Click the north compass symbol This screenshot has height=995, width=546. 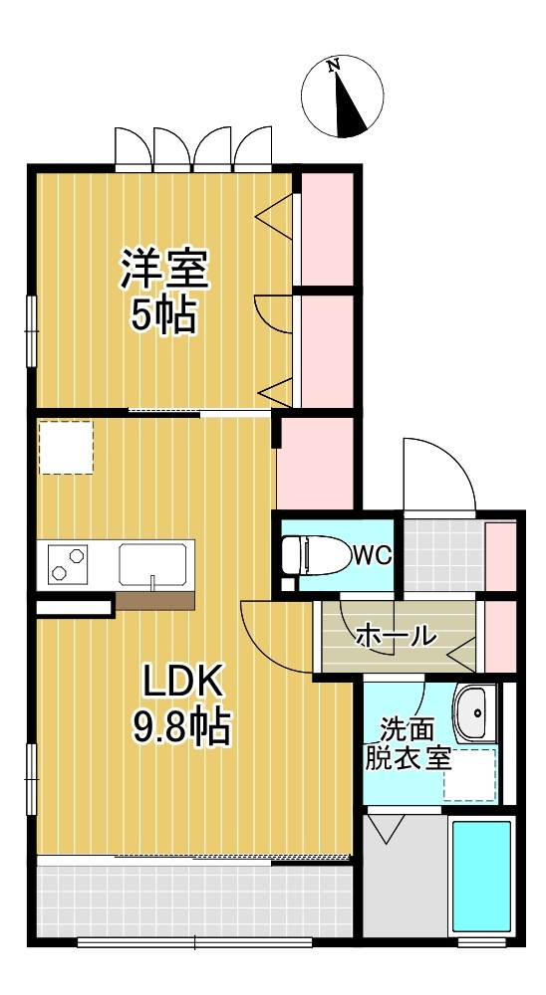click(342, 97)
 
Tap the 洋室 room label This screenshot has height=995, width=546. click(164, 268)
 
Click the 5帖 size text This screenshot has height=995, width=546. click(164, 315)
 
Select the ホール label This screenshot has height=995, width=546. click(396, 634)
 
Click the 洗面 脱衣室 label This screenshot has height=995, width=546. click(409, 743)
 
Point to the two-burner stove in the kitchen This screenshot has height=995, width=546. click(65, 564)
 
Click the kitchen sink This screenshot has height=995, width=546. click(153, 564)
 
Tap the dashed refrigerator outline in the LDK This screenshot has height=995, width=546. click(66, 446)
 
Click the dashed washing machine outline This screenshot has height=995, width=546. click(470, 775)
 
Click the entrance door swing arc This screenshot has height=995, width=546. click(438, 473)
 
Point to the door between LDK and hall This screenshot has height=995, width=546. click(274, 637)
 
